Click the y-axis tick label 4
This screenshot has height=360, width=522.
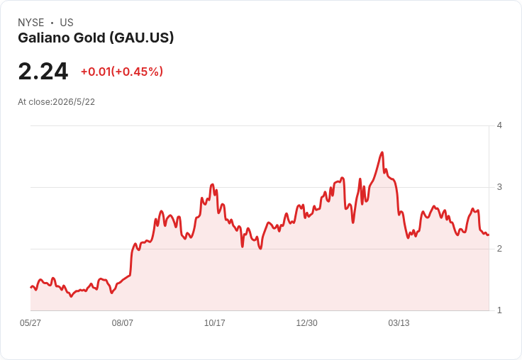pyautogui.click(x=499, y=125)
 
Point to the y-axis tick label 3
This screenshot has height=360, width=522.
pyautogui.click(x=499, y=187)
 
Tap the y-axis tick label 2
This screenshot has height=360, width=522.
pyautogui.click(x=499, y=249)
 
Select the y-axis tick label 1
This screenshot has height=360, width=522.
pyautogui.click(x=499, y=310)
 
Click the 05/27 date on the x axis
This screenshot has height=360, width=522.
pyautogui.click(x=30, y=322)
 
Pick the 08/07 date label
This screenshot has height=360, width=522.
pyautogui.click(x=123, y=322)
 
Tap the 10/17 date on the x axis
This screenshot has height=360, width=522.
pyautogui.click(x=214, y=322)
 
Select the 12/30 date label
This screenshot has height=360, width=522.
pyautogui.click(x=306, y=322)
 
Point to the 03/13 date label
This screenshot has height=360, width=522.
pyautogui.click(x=399, y=322)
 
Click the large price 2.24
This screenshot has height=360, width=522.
pyautogui.click(x=43, y=72)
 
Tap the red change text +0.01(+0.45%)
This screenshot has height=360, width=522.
pyautogui.click(x=122, y=72)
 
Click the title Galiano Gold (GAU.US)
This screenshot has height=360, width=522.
pyautogui.click(x=96, y=38)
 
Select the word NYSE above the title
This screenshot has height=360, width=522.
pyautogui.click(x=31, y=23)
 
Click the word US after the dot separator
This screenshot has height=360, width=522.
pyautogui.click(x=67, y=23)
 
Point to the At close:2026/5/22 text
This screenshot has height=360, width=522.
pyautogui.click(x=56, y=102)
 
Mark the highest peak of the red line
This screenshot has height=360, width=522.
pyautogui.click(x=382, y=152)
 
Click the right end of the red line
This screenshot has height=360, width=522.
pyautogui.click(x=489, y=235)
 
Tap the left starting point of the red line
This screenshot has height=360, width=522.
pyautogui.click(x=31, y=287)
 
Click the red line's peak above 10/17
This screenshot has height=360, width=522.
pyautogui.click(x=212, y=184)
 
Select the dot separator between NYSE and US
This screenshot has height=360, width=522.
pyautogui.click(x=52, y=23)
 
